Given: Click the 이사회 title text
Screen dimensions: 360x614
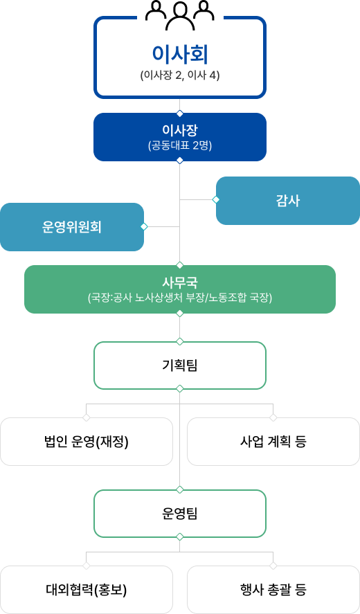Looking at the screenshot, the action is [x=180, y=55].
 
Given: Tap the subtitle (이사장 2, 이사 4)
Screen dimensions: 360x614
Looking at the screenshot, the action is [x=180, y=75].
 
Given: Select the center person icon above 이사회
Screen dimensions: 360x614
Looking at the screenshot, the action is [x=180, y=16].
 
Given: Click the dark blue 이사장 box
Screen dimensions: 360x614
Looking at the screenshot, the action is [x=180, y=137].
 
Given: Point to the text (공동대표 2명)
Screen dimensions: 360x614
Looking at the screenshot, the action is [x=180, y=146].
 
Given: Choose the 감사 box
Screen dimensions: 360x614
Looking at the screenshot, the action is [x=288, y=201].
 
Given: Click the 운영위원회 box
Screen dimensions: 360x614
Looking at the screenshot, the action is [x=72, y=227].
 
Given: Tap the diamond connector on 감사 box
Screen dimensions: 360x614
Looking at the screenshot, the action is [x=216, y=200].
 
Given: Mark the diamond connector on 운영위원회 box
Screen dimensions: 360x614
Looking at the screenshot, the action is [x=144, y=226].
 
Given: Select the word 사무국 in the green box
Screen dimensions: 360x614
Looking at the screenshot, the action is [x=180, y=282].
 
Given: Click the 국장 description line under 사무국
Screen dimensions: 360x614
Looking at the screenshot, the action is [x=180, y=298].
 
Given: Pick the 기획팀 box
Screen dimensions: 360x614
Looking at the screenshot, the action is [x=180, y=365].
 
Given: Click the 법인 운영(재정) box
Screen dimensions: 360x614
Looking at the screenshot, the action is [x=86, y=442].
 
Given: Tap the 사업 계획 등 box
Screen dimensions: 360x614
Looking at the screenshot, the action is [x=273, y=442].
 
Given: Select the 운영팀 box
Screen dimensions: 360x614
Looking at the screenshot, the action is [x=180, y=514].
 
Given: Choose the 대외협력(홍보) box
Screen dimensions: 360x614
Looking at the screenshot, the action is [x=86, y=590].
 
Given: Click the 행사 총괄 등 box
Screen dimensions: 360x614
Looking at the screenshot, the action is [x=273, y=590].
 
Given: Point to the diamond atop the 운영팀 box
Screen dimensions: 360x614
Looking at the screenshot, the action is [x=180, y=489].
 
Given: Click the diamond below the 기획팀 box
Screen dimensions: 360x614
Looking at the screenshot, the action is [x=180, y=389].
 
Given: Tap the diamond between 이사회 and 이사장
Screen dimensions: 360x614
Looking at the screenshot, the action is [x=180, y=114].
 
